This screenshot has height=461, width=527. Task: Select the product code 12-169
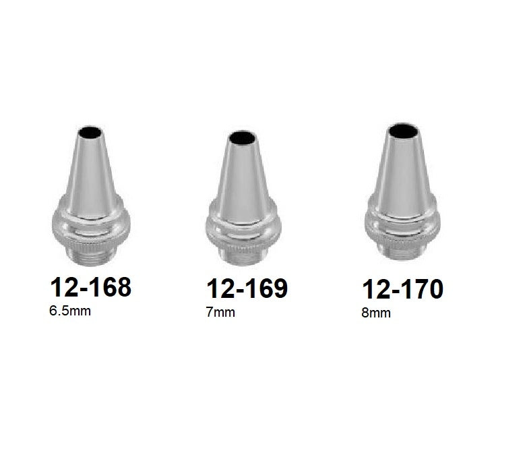click(x=247, y=288)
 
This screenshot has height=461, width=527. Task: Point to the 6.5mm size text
click(x=70, y=312)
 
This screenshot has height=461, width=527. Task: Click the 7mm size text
click(x=221, y=313)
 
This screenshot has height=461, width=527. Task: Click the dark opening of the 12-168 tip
click(x=90, y=133)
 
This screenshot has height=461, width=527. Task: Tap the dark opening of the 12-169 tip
click(x=243, y=140)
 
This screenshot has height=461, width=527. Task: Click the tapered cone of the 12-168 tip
click(x=90, y=168)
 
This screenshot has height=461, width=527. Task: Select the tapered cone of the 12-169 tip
click(x=243, y=175)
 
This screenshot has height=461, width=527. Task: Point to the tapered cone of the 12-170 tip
click(x=403, y=168)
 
